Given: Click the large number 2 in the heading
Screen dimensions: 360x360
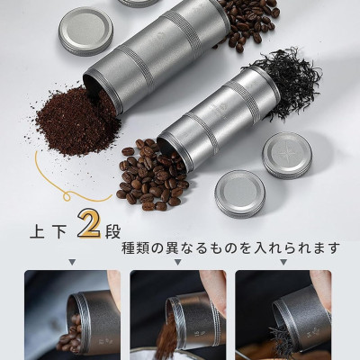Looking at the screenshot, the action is pos(89,225).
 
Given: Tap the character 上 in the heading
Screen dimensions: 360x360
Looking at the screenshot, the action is pos(38,231).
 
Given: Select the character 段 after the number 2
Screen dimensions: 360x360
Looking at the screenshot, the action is pos(112,231).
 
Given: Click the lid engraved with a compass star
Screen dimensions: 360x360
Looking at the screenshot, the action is pos(287,155).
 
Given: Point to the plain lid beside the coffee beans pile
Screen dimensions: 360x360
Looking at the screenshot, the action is pos(240,194).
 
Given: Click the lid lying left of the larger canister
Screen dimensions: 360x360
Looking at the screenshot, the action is pos(85,31).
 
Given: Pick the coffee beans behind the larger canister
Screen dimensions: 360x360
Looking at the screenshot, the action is pos(246,24).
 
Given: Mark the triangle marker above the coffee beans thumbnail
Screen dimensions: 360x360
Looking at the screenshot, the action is pos(72,263).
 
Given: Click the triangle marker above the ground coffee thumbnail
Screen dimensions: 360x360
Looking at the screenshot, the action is pos(177,263).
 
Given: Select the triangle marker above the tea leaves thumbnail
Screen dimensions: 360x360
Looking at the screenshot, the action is pos(283,263).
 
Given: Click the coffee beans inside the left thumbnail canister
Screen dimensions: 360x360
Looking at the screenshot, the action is pos(69,333).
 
